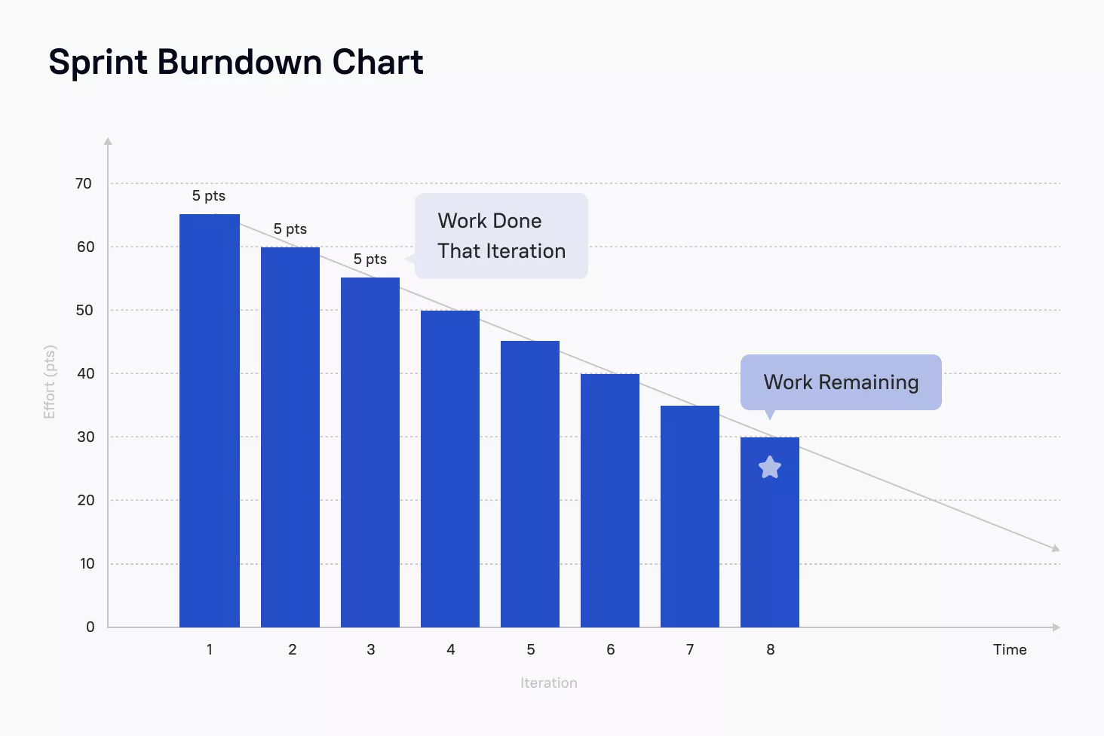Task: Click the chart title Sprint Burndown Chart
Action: (x=235, y=63)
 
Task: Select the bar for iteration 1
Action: (x=210, y=421)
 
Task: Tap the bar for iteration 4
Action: (x=450, y=469)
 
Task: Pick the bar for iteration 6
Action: (x=609, y=501)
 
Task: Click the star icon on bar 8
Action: (x=770, y=468)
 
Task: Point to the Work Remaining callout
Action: (x=841, y=382)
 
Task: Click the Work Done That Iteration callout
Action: (x=501, y=235)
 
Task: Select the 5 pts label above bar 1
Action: (x=208, y=196)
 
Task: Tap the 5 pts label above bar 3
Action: (x=370, y=259)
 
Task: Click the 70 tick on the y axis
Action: (x=84, y=183)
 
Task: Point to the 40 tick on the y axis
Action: (x=85, y=373)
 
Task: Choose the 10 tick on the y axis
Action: (x=87, y=563)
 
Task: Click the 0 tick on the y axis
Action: (x=90, y=627)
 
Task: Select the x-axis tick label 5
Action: (x=530, y=649)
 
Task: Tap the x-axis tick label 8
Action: (x=771, y=649)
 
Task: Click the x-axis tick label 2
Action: (x=293, y=649)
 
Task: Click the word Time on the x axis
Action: (x=1010, y=649)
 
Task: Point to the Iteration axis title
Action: (x=548, y=682)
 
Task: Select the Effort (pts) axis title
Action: (x=50, y=382)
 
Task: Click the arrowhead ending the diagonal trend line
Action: (x=1056, y=548)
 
